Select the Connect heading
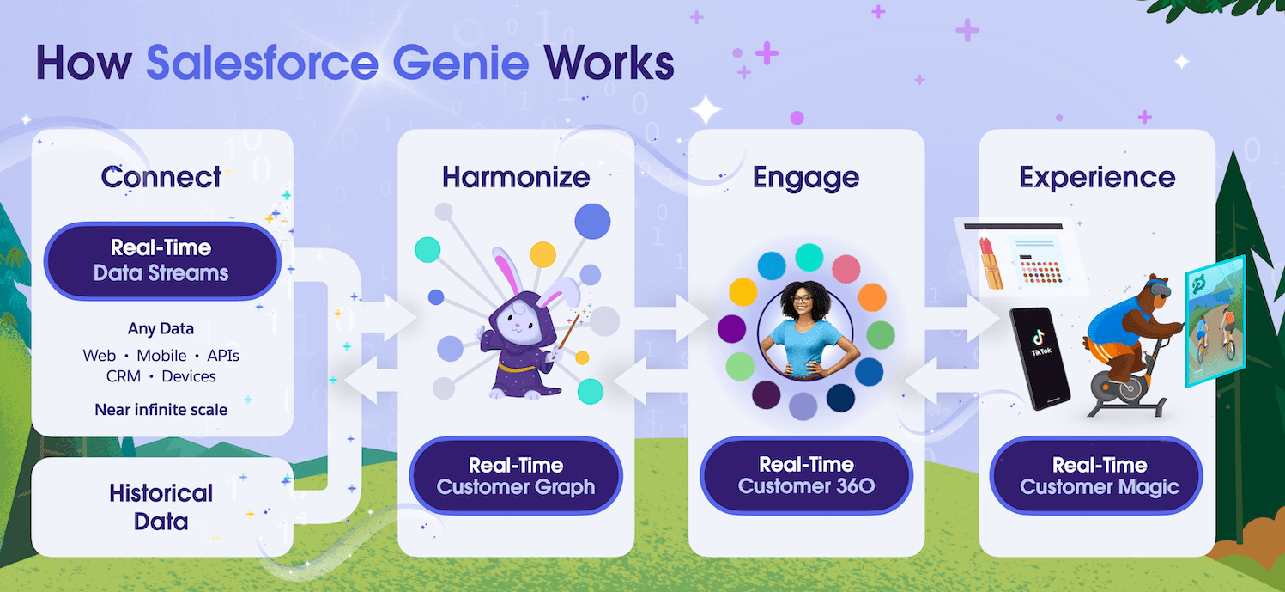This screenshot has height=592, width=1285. click(x=161, y=177)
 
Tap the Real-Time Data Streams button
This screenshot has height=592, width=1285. click(x=161, y=260)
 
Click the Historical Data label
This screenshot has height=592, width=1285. click(x=161, y=506)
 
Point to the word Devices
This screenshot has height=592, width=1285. click(x=189, y=376)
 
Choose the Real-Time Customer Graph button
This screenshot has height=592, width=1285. click(x=516, y=476)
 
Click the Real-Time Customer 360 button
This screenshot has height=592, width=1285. click(x=806, y=476)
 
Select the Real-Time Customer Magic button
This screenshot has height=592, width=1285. click(x=1098, y=476)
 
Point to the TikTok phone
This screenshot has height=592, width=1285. click(x=1038, y=357)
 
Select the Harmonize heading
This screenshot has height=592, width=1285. click(x=516, y=177)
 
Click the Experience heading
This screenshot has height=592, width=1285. click(x=1097, y=177)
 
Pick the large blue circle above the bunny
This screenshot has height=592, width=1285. click(x=592, y=221)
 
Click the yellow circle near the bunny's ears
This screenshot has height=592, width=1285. click(x=542, y=253)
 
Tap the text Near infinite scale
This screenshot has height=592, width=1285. click(x=161, y=410)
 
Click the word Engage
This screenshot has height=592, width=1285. click(x=806, y=177)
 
